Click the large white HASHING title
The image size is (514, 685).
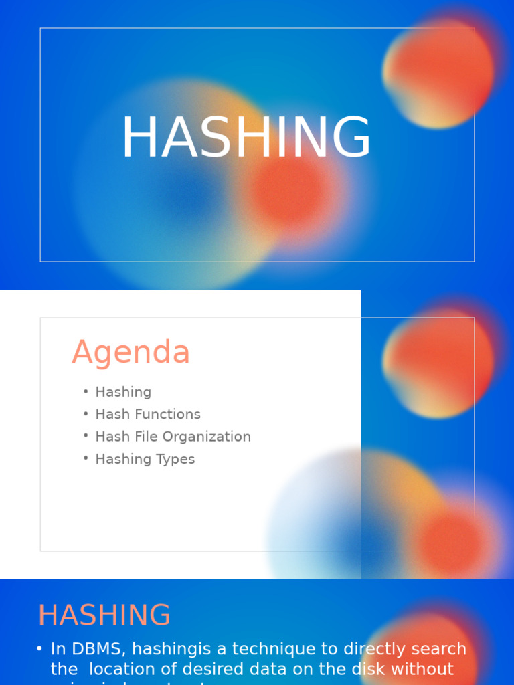246,138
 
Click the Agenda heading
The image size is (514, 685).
131,352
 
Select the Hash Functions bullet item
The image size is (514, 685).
148,414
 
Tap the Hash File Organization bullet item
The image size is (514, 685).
173,437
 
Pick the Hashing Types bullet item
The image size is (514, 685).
145,459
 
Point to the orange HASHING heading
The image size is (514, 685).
104,615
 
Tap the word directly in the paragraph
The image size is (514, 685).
375,649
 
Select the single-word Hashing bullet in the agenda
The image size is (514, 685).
123,392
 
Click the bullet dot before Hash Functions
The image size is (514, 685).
86,413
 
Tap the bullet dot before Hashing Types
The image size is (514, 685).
86,458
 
